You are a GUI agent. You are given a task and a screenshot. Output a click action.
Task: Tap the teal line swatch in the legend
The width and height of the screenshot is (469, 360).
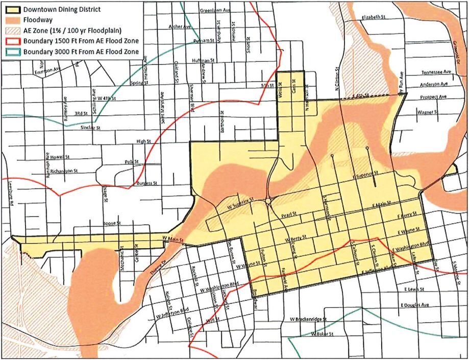11,52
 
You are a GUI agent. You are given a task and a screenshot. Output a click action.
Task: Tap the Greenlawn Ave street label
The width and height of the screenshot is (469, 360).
215,10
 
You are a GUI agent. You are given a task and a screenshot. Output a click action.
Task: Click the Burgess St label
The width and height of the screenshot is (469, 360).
146,182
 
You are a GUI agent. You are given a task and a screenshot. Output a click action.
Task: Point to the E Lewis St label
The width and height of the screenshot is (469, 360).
412,289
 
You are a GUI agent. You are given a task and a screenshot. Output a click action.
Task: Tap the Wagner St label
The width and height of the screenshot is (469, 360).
428,111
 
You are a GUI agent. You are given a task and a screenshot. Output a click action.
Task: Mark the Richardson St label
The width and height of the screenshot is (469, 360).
64,171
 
